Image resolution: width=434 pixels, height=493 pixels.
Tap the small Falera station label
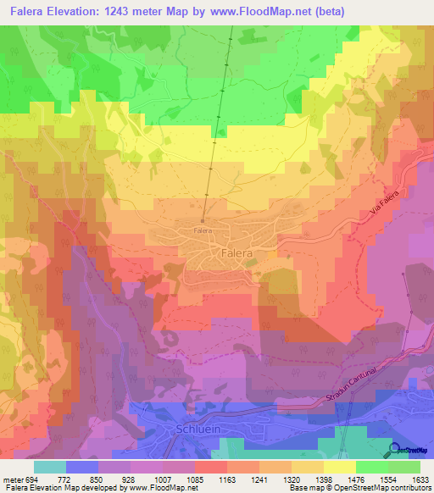[202, 230]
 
